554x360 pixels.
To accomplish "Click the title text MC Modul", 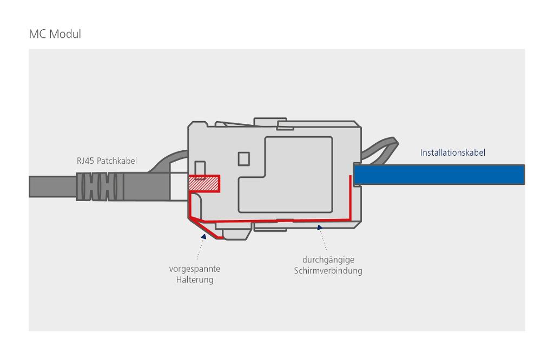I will coord(55,34).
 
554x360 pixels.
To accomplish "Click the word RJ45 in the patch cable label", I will coord(85,161).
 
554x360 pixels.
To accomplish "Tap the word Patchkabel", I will coord(117,161).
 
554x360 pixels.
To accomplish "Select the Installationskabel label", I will coord(452,152).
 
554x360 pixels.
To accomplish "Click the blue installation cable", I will coord(438,175).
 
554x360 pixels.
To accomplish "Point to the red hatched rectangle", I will coord(204,184).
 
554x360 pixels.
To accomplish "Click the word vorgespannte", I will coord(194,269).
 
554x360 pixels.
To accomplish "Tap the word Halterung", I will coord(194,279).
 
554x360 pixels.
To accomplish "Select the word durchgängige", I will coord(328,260).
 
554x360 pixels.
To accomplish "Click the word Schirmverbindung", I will coord(328,271).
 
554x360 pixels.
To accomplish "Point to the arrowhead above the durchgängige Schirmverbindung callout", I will coord(319,228).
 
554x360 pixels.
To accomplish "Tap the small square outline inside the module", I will coord(243,158).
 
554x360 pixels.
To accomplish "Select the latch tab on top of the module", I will coord(271,120).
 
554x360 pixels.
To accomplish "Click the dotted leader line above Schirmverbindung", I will coord(324,241).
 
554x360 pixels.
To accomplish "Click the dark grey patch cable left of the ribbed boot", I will coord(51,186).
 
